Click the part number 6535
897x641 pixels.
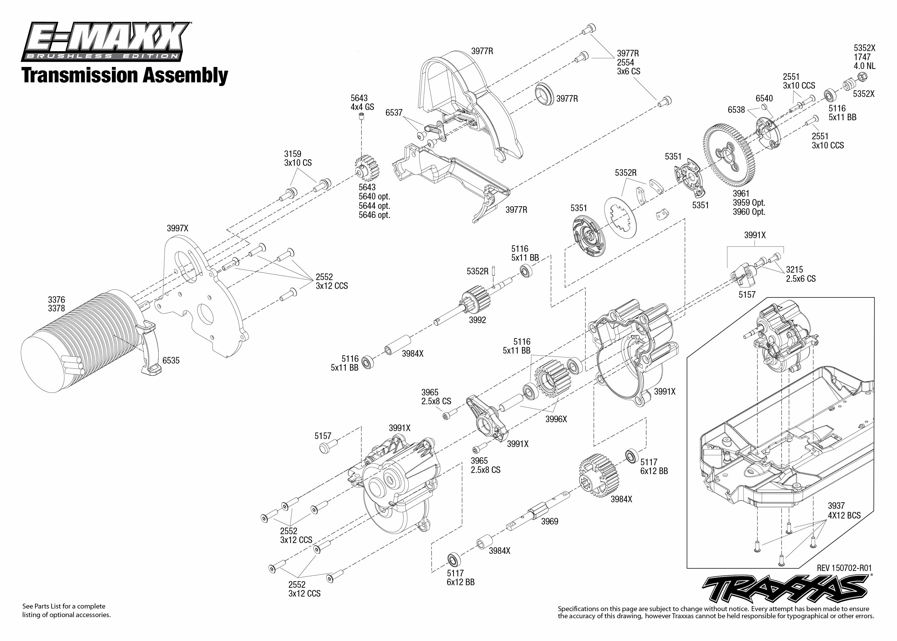(171, 360)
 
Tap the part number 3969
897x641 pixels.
(550, 521)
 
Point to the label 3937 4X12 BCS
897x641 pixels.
(844, 511)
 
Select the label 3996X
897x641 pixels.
(556, 419)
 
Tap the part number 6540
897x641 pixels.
(764, 98)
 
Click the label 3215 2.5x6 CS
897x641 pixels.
(801, 274)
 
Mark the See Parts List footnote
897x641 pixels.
(66, 611)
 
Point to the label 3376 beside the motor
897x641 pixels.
(56, 300)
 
